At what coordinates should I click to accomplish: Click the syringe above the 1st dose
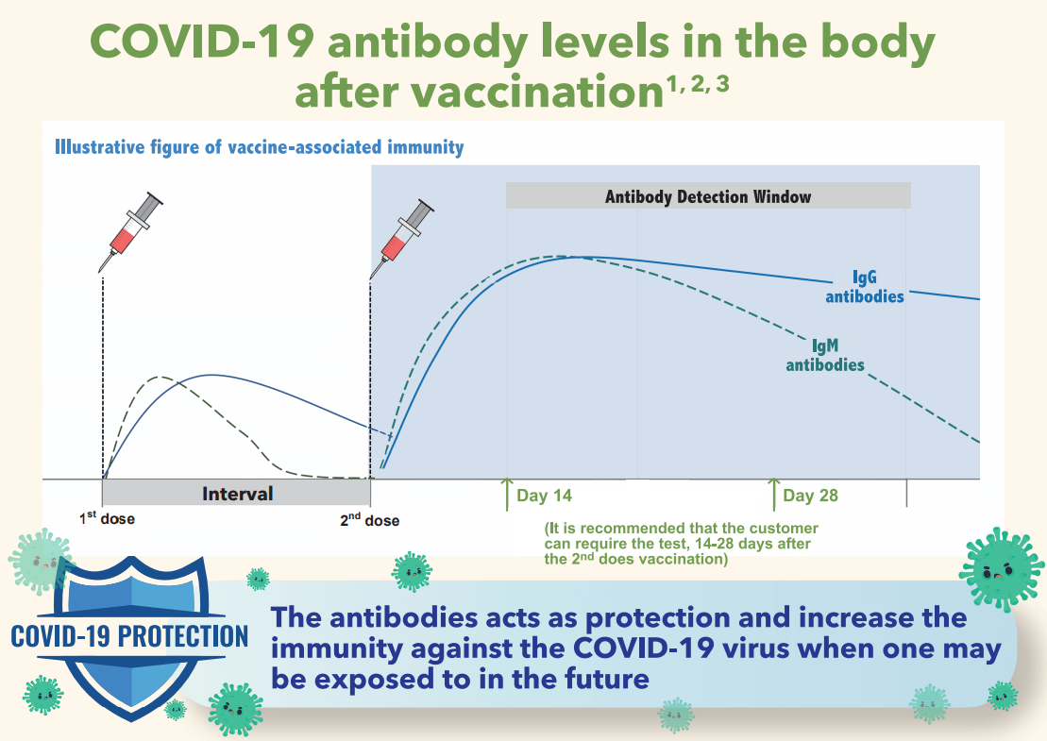tap(131, 231)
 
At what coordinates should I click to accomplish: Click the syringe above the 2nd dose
tap(402, 238)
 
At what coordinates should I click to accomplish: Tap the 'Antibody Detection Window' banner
tap(708, 196)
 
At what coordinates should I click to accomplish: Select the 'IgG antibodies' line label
tap(865, 287)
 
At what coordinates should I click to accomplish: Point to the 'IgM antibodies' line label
tap(824, 355)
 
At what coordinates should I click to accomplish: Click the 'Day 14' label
tap(544, 496)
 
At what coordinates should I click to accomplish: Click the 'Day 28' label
tap(810, 496)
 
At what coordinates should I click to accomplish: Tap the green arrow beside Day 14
tap(507, 494)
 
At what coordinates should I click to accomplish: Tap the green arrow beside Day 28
tap(773, 494)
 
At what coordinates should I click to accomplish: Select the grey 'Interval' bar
tap(236, 493)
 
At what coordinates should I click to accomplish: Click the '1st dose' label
tap(107, 518)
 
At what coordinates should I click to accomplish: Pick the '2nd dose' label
tap(369, 519)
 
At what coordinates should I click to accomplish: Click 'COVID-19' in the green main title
tap(202, 42)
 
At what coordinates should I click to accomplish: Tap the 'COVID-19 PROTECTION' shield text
tap(129, 636)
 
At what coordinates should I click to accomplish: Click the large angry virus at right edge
tap(1001, 569)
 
